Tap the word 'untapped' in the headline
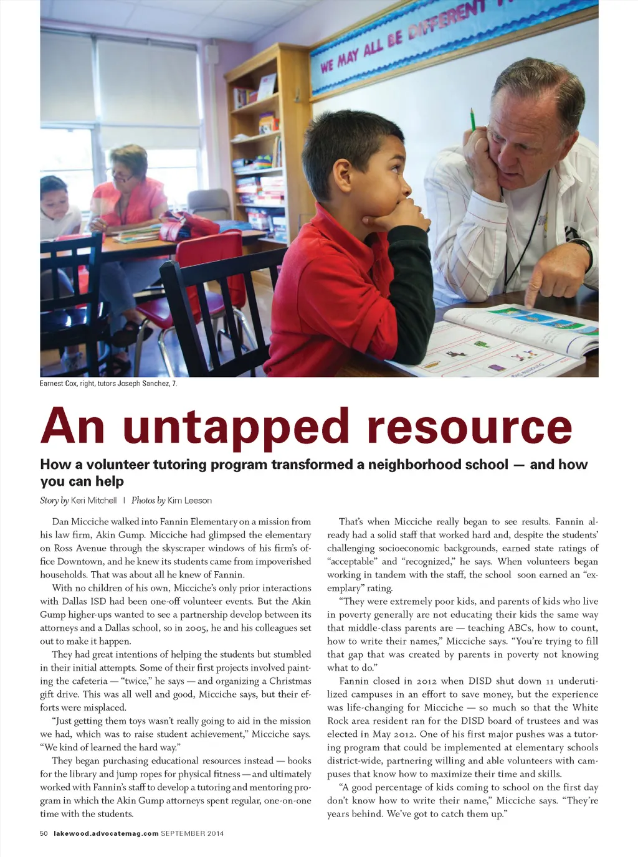(x=236, y=428)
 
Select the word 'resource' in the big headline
(x=469, y=428)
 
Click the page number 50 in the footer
(x=44, y=833)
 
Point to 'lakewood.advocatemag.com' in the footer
(x=106, y=833)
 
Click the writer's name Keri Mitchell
(x=93, y=501)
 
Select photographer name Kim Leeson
(x=189, y=501)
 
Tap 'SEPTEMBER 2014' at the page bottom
(x=192, y=833)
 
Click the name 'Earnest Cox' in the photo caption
(x=59, y=384)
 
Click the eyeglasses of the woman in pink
(x=122, y=178)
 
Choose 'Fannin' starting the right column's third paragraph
(x=354, y=681)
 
